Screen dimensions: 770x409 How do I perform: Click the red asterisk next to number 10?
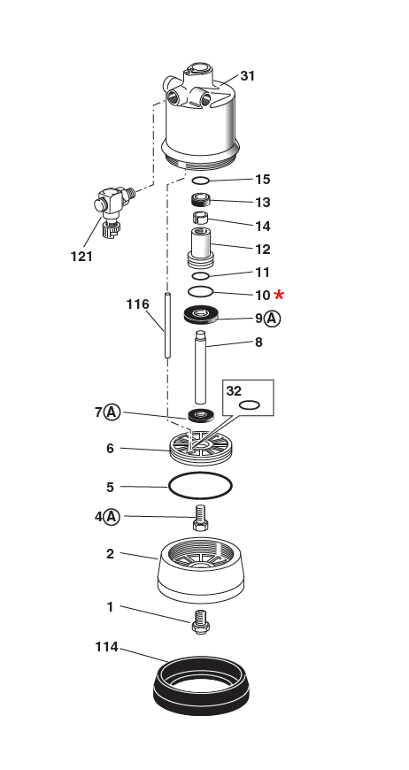280,295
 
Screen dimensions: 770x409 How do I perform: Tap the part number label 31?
247,76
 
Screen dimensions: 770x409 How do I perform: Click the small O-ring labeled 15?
201,181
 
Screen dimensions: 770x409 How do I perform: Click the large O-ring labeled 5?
200,486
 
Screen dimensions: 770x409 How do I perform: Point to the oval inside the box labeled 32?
250,404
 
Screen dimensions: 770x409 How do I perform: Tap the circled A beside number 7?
112,412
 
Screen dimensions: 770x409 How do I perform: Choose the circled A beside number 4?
112,516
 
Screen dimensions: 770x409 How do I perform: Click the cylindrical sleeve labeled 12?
201,246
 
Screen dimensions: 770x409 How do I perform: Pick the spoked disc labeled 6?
200,448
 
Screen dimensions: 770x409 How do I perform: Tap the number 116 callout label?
137,304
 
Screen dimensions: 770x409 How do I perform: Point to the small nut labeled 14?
201,217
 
